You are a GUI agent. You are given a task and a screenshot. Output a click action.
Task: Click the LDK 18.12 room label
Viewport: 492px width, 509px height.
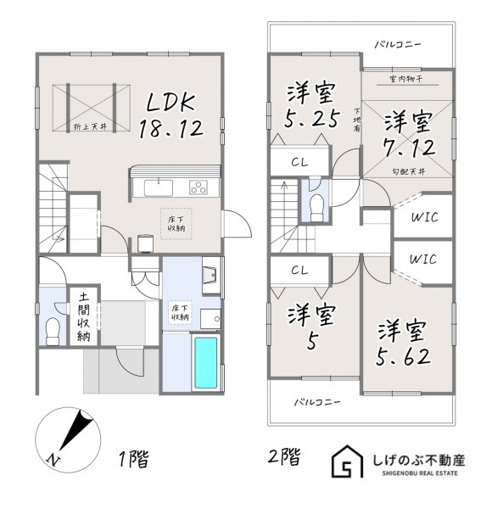(x=171, y=116)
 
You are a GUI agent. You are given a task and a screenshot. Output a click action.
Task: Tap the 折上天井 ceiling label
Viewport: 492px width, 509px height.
(x=91, y=127)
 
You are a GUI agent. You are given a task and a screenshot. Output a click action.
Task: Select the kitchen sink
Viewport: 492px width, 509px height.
(x=159, y=188)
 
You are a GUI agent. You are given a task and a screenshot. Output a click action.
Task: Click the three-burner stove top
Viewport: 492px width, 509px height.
(x=198, y=187)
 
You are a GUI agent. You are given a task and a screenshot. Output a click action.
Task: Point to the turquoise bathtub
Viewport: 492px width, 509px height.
(x=205, y=363)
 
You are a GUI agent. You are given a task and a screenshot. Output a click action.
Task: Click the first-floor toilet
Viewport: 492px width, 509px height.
(x=52, y=332)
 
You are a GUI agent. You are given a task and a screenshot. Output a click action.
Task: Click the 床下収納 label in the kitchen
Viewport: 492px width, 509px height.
(x=176, y=224)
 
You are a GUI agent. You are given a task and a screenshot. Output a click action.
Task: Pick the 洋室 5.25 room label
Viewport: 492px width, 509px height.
(x=312, y=105)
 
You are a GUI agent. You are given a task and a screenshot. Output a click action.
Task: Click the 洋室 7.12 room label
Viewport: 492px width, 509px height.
(x=408, y=134)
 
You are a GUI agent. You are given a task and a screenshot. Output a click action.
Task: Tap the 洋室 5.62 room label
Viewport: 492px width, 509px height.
(x=403, y=344)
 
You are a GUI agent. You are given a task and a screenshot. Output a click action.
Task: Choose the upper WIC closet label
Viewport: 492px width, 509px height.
(x=424, y=217)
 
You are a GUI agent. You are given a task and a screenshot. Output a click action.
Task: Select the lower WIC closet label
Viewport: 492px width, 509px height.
(x=423, y=260)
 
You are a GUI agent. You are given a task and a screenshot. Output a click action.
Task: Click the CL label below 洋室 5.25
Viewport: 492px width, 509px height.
(x=299, y=162)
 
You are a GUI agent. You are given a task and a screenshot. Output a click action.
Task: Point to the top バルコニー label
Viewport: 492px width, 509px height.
(x=398, y=44)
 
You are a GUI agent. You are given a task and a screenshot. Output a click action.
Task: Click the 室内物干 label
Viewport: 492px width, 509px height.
(x=405, y=79)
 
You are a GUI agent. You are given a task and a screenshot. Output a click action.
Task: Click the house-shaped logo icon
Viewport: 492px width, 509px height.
(x=347, y=461)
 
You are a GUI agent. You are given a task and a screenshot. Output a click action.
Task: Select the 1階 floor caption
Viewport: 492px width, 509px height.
(x=134, y=459)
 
